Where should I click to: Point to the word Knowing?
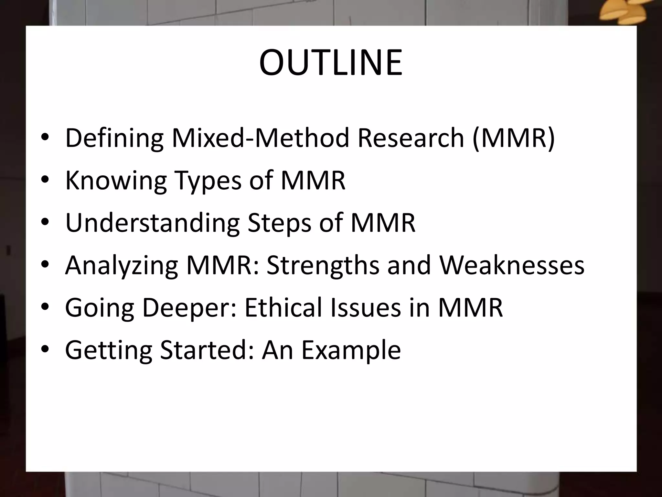click(x=116, y=181)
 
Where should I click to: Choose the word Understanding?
click(x=152, y=223)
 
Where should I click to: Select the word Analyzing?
click(x=121, y=266)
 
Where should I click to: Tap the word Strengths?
click(x=323, y=266)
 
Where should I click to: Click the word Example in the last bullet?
click(x=351, y=351)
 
